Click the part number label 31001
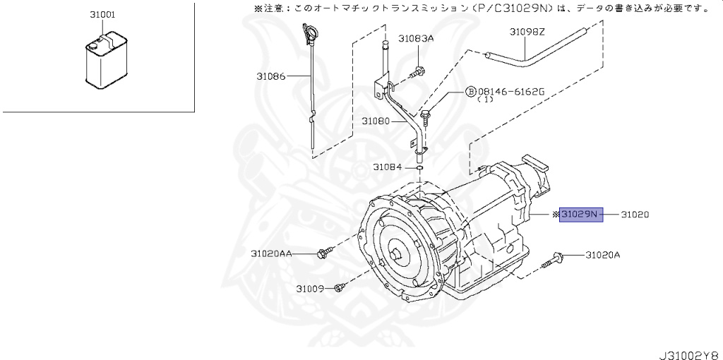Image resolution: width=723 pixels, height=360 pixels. [103, 14]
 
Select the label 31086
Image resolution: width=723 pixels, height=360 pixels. [271, 76]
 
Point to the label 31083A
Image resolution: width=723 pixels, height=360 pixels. [416, 39]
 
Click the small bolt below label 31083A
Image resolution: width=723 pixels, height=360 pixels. [417, 71]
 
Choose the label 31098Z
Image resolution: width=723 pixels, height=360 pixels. [527, 32]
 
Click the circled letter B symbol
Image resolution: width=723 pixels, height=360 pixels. [470, 92]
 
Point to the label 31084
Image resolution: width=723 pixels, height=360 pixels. [388, 167]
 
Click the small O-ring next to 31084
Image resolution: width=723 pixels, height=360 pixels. [419, 168]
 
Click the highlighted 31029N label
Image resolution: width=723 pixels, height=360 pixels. [581, 214]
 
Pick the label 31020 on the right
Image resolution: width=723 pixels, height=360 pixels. [635, 214]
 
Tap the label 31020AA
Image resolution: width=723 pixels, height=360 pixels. [272, 253]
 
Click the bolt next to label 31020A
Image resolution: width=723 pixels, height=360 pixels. [554, 258]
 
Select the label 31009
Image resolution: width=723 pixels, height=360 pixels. [310, 288]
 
